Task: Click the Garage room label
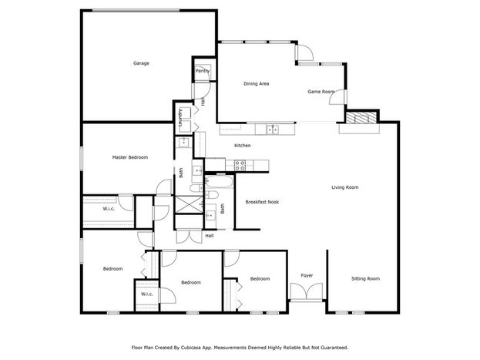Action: coord(141,63)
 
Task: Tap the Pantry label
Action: coord(203,71)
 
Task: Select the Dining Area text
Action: coord(257,84)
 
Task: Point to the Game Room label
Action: coord(321,92)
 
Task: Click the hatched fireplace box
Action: coord(361,118)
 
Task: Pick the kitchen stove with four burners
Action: coord(240,166)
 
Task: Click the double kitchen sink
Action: coord(272,130)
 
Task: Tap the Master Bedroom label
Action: coord(130,157)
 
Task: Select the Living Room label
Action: coord(345,187)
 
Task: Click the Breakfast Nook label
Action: coord(262,202)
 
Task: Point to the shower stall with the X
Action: coord(188,204)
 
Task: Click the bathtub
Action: coord(219,182)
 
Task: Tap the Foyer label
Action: coord(307,275)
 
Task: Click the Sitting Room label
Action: coord(365,278)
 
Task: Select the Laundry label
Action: coord(180,118)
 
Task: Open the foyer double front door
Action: coord(307,291)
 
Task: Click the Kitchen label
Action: coord(243,146)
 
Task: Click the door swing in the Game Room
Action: coord(337,97)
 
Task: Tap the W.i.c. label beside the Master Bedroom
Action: coord(109,209)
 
